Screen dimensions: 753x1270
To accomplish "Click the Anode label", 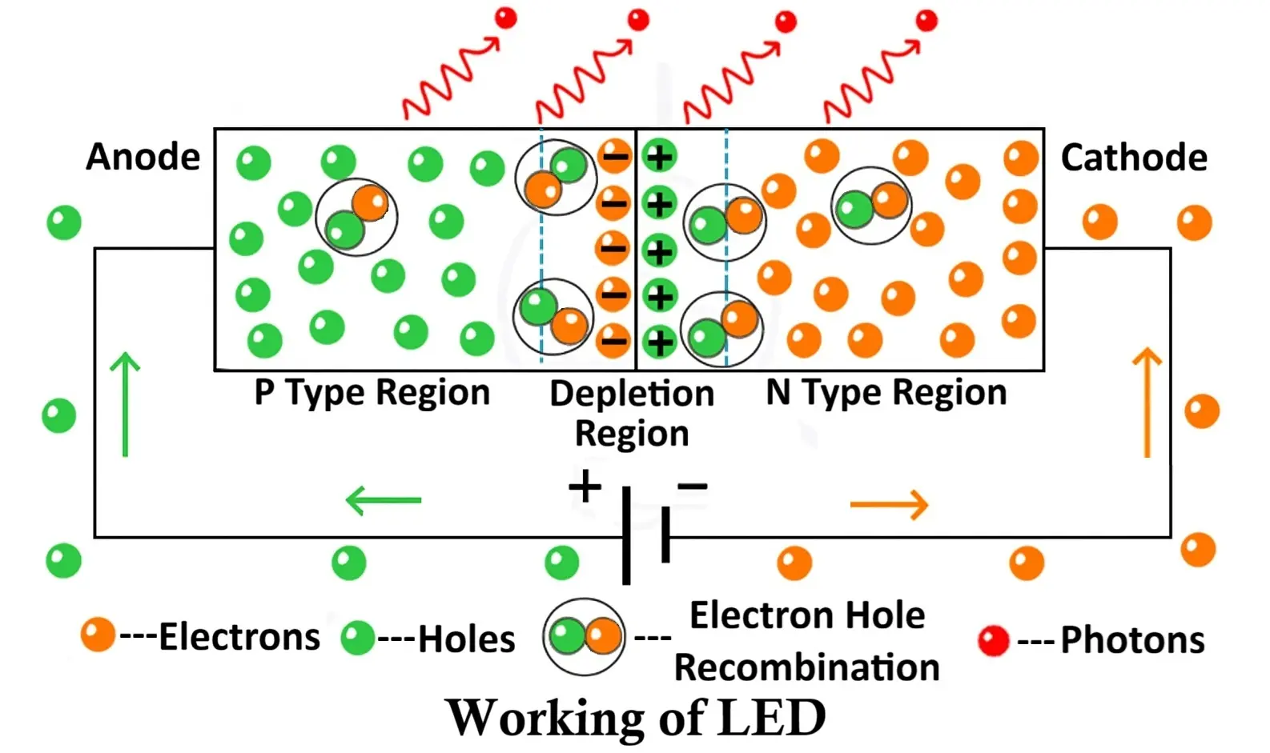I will coord(143,157).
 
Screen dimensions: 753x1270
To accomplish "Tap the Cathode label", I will coord(1133,158).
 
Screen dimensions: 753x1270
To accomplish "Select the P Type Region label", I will coord(372,394).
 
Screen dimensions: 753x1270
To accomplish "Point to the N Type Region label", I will coord(886,393).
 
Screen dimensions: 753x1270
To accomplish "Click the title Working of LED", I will coord(636,717).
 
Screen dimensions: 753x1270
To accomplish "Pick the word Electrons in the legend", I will coord(239,638).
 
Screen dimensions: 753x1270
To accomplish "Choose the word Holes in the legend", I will coord(467,639).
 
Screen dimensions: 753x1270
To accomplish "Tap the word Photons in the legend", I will coord(1132,640).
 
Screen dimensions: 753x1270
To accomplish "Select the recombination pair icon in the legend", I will coord(584,637).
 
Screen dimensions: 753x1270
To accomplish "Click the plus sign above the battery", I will coord(585,486).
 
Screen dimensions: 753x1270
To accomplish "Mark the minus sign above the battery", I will coord(692,485).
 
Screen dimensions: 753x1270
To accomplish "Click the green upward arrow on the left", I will coord(125,404).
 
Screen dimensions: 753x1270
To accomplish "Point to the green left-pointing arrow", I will coord(384,501).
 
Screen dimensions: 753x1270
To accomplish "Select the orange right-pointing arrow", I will coord(889,504).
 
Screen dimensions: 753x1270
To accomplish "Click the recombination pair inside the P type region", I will coord(356,217).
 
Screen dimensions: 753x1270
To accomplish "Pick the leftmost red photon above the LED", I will coord(505,18).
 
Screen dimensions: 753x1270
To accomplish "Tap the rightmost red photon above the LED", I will coord(926,20).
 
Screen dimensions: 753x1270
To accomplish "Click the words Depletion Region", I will coord(632,413).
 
